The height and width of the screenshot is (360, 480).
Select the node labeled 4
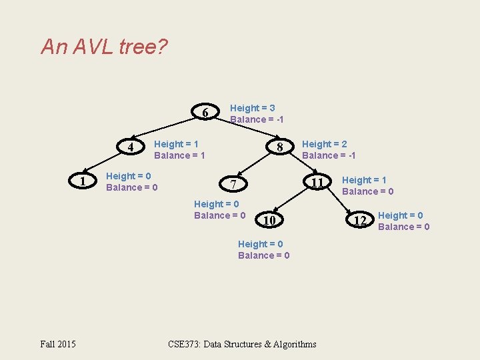pyautogui.click(x=131, y=147)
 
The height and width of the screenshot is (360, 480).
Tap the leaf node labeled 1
pyautogui.click(x=81, y=181)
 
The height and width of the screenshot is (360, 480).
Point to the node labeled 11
pyautogui.click(x=318, y=183)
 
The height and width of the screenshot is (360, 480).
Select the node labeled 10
pyautogui.click(x=269, y=219)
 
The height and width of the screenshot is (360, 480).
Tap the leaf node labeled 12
pyautogui.click(x=360, y=220)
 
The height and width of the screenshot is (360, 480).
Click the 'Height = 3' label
pyautogui.click(x=252, y=108)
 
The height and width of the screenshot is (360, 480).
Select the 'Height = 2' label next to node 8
pyautogui.click(x=324, y=144)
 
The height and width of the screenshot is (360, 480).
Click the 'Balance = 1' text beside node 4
pyautogui.click(x=179, y=155)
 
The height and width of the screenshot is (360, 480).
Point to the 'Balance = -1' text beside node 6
pyautogui.click(x=257, y=119)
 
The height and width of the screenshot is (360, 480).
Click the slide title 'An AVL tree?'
pyautogui.click(x=105, y=47)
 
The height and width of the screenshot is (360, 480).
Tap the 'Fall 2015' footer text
pyautogui.click(x=58, y=344)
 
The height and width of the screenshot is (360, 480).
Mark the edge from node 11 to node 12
pyautogui.click(x=339, y=201)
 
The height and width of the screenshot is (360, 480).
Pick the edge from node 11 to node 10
pyautogui.click(x=293, y=201)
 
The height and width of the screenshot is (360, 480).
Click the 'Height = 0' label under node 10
pyautogui.click(x=260, y=244)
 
